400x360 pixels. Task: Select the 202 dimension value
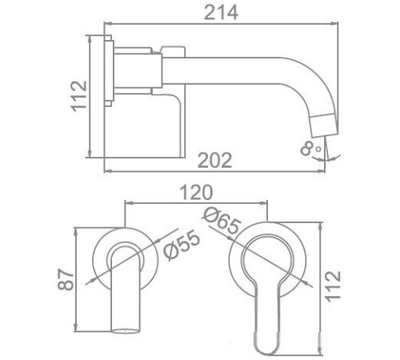[214, 159]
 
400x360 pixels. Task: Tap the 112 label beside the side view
[79, 97]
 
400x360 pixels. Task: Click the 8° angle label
[310, 147]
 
